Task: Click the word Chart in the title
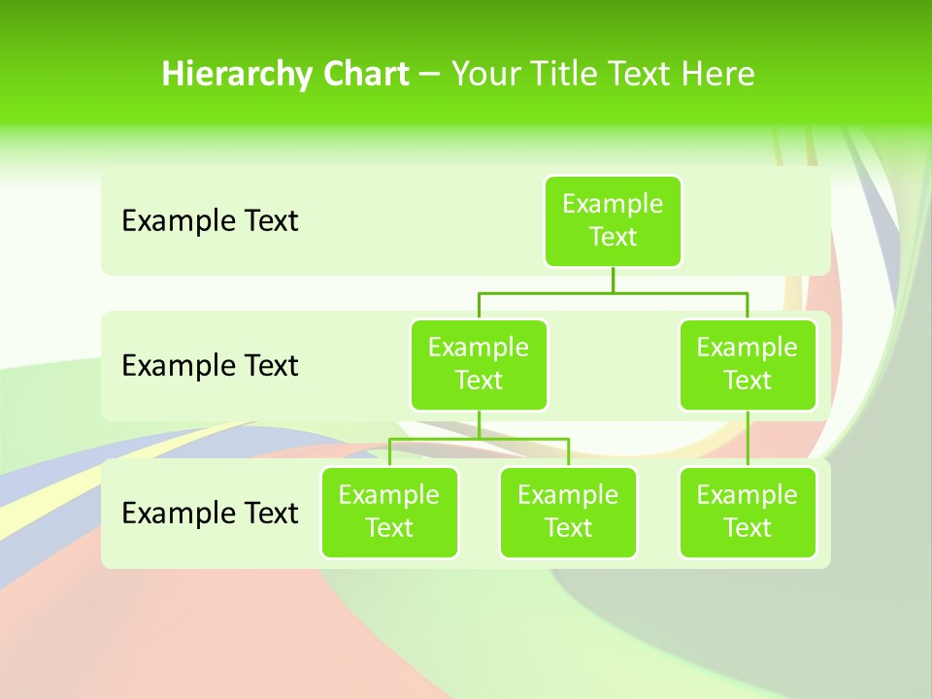click(365, 74)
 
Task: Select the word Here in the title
click(717, 74)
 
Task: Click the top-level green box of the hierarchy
click(613, 220)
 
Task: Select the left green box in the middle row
click(479, 364)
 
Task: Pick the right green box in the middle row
click(748, 364)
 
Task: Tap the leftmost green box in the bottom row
click(389, 512)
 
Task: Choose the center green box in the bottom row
click(568, 512)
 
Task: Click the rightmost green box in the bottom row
click(748, 512)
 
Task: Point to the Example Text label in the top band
click(210, 221)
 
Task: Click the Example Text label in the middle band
click(210, 366)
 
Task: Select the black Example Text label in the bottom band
click(210, 513)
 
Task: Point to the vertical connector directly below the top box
click(613, 280)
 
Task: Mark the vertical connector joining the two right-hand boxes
click(748, 439)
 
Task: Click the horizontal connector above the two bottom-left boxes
click(479, 439)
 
